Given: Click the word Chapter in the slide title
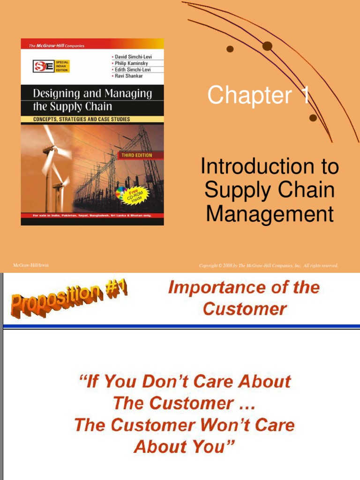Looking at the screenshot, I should pos(249,95).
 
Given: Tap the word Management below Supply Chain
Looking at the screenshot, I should pos(270,214).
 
